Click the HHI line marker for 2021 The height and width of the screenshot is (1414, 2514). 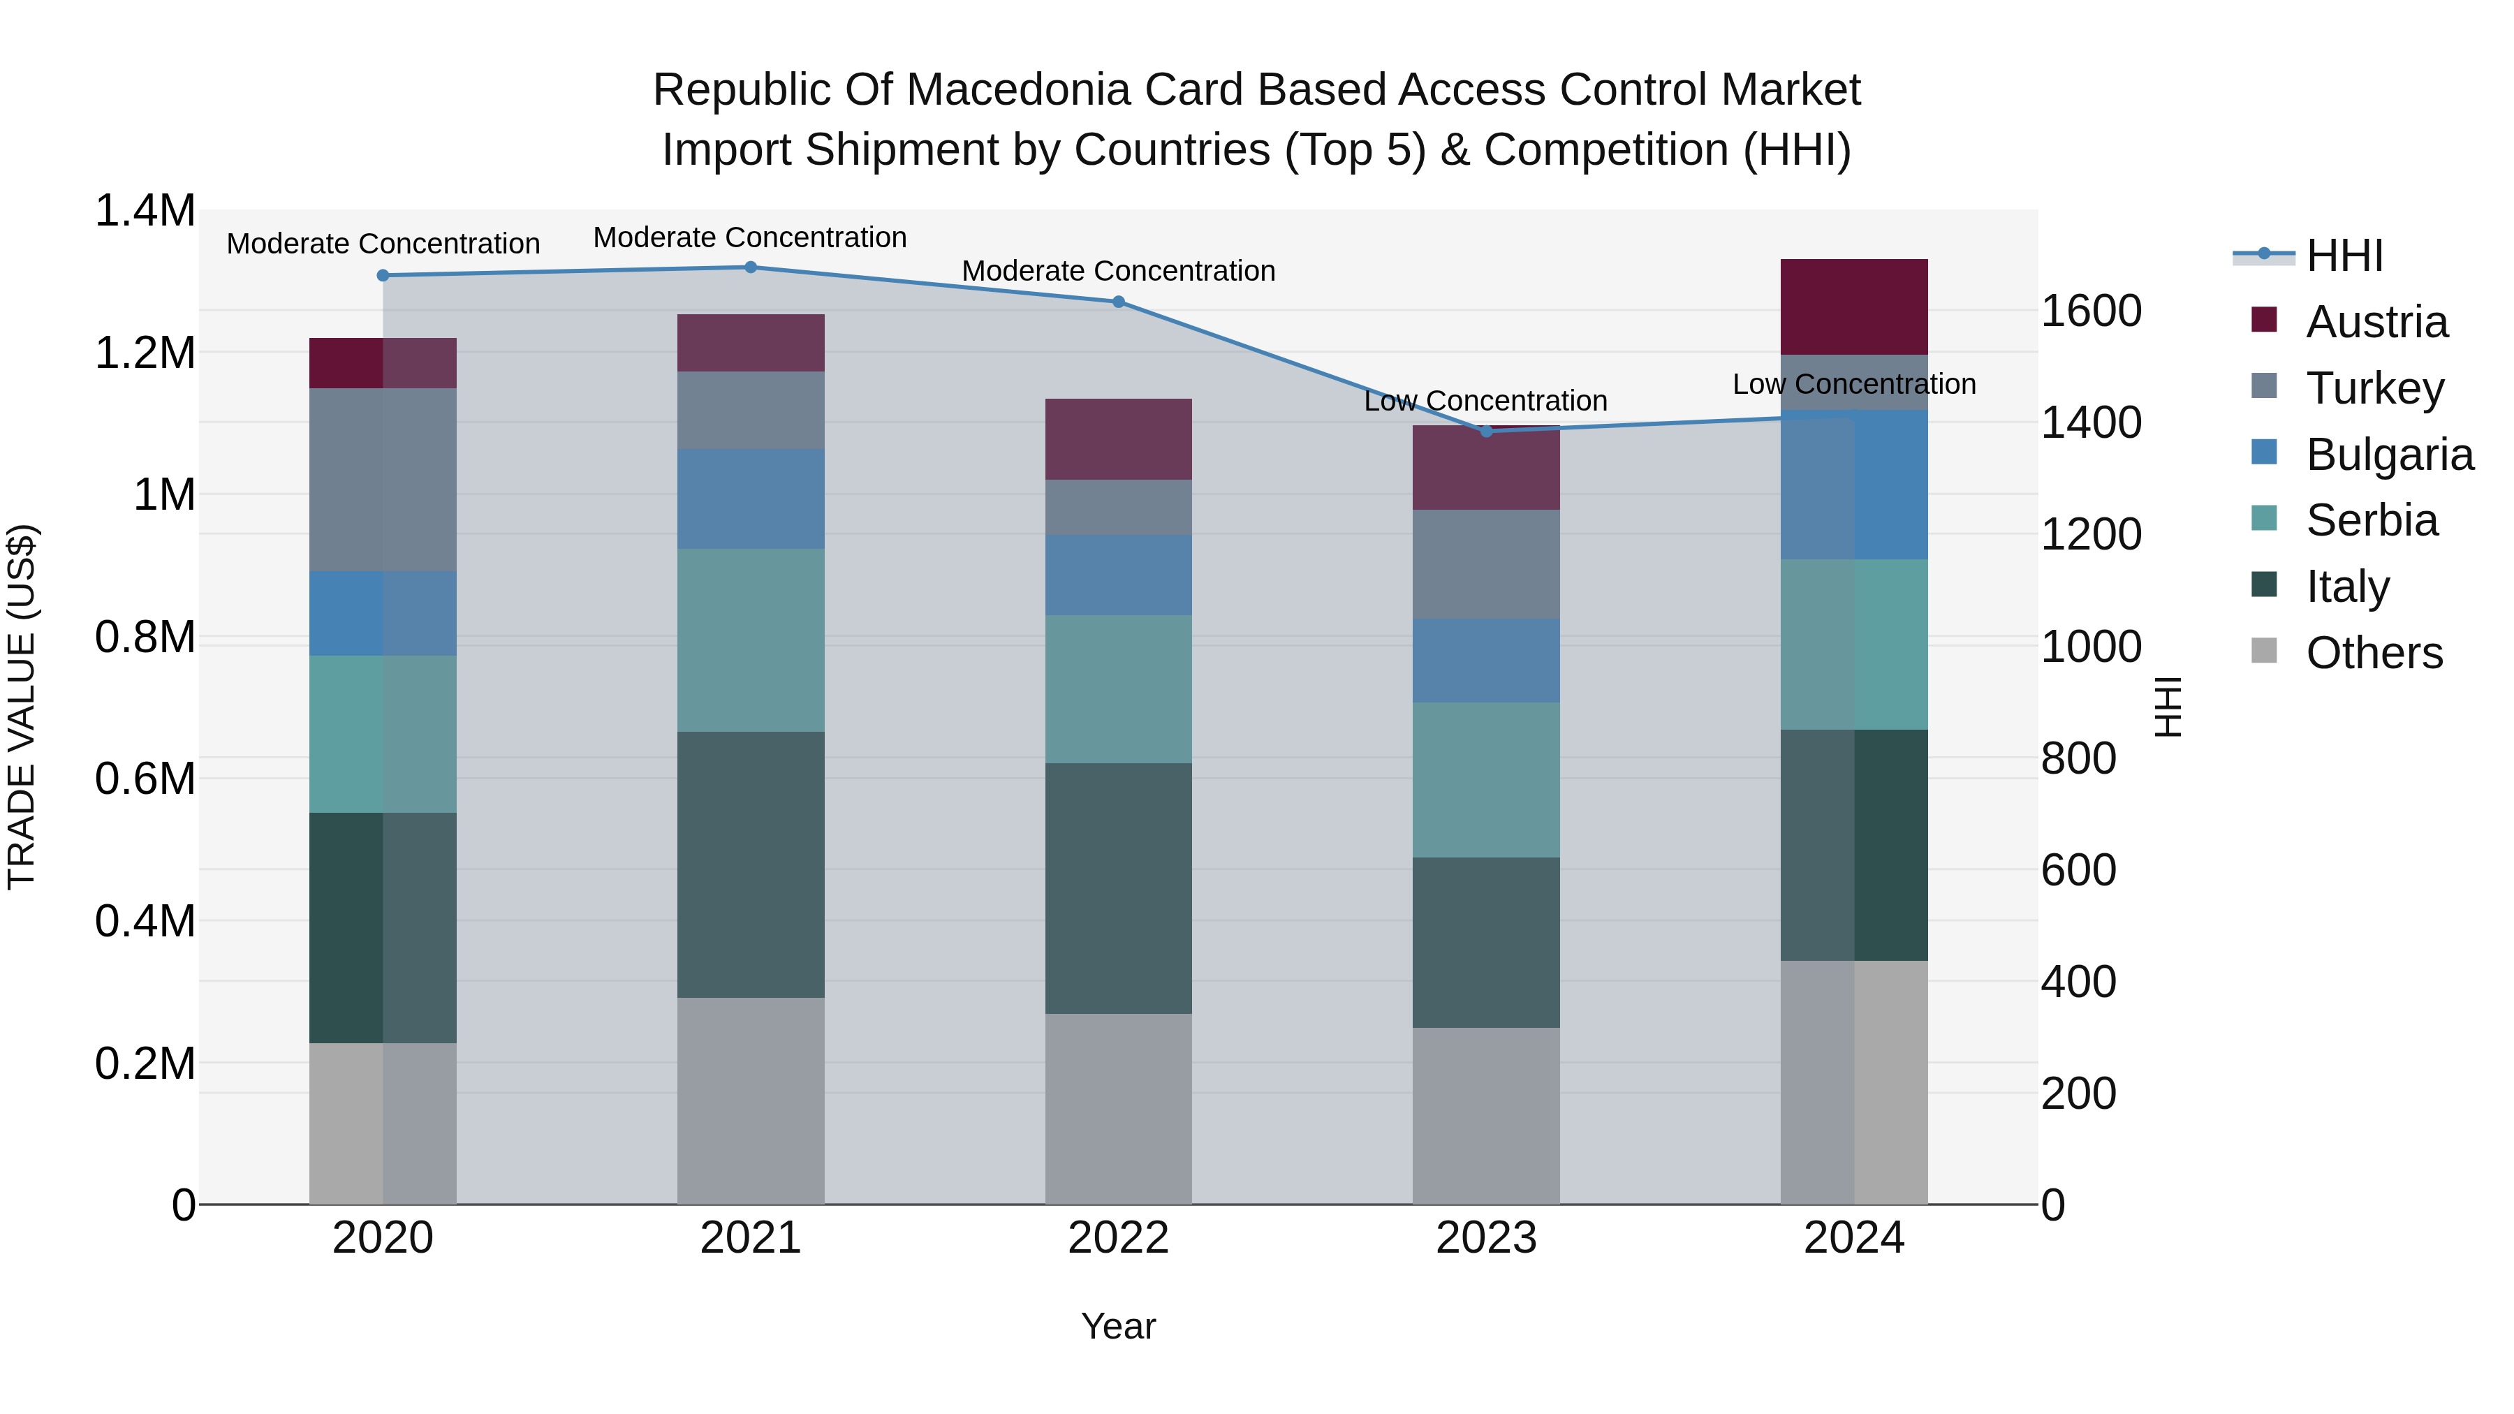(x=751, y=267)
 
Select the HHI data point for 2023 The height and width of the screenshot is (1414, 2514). (x=1486, y=432)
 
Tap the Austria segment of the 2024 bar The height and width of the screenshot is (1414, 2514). (x=1854, y=307)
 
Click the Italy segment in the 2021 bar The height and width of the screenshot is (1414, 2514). (x=751, y=864)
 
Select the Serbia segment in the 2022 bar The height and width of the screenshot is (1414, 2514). (x=1119, y=689)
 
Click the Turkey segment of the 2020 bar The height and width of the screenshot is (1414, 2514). (x=383, y=480)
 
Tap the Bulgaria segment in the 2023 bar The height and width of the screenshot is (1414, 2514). (x=1486, y=661)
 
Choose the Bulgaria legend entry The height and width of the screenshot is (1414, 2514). (x=2389, y=455)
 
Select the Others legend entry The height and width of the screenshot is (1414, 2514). (x=2374, y=653)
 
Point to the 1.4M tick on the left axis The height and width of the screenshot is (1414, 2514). (x=145, y=211)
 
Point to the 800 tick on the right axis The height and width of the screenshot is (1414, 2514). (x=2079, y=758)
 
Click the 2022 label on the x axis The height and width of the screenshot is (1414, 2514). (x=1119, y=1238)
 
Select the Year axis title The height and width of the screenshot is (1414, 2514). (x=1119, y=1326)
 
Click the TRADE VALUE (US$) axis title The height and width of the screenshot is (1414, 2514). (x=22, y=707)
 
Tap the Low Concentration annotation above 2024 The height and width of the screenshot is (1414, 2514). (x=1854, y=385)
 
